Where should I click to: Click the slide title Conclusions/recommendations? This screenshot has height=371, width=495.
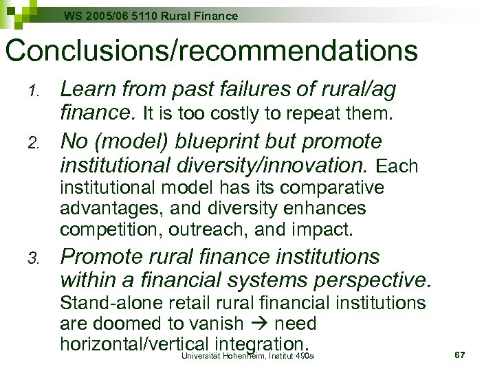(x=210, y=50)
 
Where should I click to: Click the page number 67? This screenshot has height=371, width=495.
(x=460, y=355)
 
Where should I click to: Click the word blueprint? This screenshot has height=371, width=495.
(x=221, y=142)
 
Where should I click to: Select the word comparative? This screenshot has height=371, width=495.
(x=329, y=188)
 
